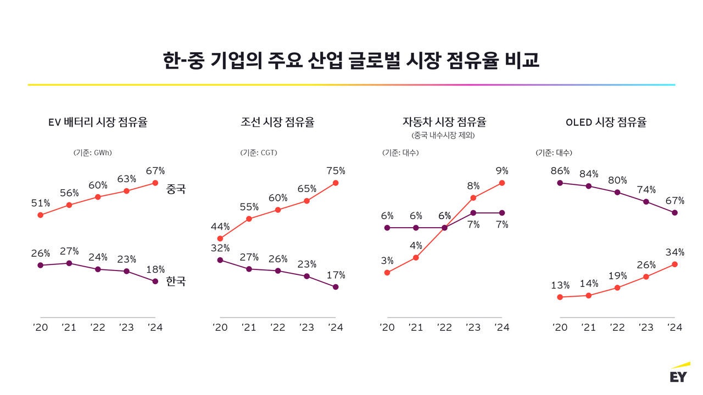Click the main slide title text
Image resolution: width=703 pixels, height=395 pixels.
[x=351, y=60]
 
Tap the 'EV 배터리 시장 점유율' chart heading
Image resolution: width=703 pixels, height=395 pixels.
[x=98, y=122]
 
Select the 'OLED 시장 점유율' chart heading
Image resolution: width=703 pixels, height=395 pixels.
[x=606, y=122]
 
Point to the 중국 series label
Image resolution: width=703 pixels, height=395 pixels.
[x=176, y=189]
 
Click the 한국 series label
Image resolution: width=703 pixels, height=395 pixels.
[x=176, y=281]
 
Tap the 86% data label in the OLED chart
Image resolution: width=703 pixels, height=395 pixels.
[x=560, y=171]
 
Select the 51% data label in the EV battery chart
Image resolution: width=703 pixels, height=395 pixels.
[x=40, y=203]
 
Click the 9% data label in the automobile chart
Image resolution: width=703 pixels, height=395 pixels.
[x=501, y=171]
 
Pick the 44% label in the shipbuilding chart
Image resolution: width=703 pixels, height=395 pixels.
[x=220, y=227]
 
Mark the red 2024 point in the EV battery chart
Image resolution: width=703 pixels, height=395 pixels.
[x=155, y=183]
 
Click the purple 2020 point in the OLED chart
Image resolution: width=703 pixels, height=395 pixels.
[x=560, y=183]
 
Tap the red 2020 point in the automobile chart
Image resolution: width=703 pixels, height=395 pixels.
[x=387, y=272]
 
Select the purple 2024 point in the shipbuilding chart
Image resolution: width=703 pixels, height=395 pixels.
[x=336, y=287]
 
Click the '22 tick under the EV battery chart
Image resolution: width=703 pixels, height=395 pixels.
[x=98, y=327]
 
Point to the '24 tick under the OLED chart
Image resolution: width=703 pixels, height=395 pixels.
[x=674, y=327]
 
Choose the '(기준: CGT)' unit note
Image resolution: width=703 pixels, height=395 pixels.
[x=259, y=153]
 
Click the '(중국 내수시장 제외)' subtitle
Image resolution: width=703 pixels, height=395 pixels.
[x=443, y=135]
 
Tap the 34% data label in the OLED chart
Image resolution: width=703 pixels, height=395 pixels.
[x=674, y=252]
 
